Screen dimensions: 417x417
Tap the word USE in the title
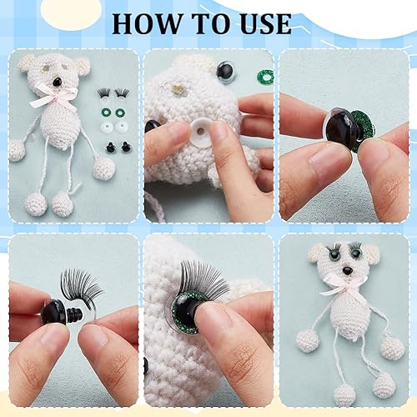click(x=263, y=23)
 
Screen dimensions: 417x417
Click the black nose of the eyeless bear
click(x=58, y=82)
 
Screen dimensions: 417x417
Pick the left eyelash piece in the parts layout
click(x=103, y=93)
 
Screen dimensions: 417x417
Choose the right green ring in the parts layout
click(x=120, y=113)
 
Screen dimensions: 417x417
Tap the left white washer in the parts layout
click(x=106, y=128)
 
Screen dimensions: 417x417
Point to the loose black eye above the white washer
click(x=226, y=71)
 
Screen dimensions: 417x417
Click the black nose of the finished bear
click(x=347, y=270)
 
